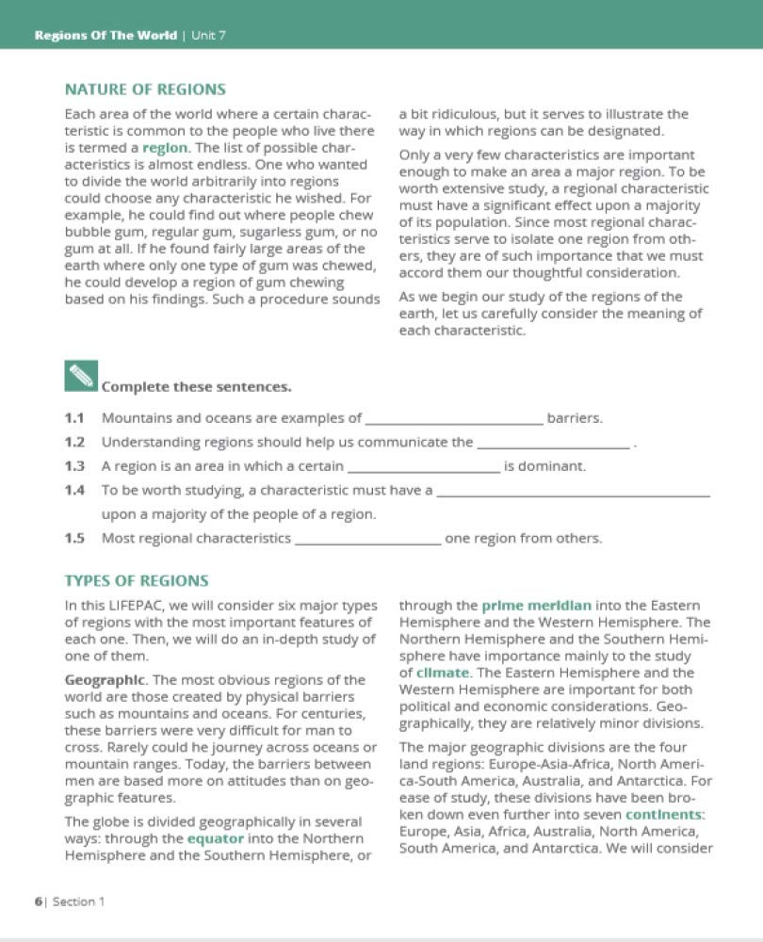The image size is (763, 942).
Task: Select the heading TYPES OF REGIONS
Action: [136, 581]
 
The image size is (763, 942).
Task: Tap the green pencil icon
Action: [81, 376]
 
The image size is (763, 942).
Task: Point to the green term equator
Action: [216, 837]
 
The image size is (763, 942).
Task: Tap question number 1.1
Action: [74, 418]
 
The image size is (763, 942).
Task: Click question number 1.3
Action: [74, 466]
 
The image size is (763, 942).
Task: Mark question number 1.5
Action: [74, 539]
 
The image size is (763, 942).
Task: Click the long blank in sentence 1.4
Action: [574, 493]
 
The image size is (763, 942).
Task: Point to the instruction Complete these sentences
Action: [196, 387]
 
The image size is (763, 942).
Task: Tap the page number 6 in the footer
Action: [39, 901]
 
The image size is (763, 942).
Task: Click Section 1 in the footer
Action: [79, 901]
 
